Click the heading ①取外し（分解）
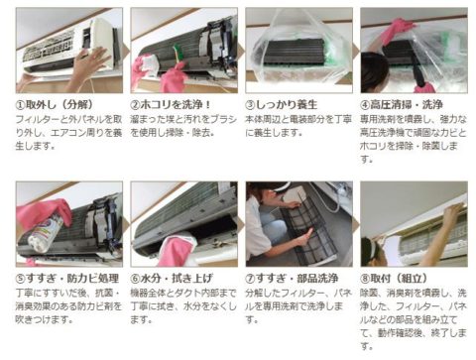(x=55, y=105)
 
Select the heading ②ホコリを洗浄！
(x=171, y=105)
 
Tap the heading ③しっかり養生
(x=282, y=105)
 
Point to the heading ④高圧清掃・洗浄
(x=402, y=105)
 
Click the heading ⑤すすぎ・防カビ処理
(x=67, y=279)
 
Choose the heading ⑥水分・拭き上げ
(x=172, y=279)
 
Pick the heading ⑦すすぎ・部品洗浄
(x=292, y=279)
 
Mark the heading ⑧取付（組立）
(x=394, y=279)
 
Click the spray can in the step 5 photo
(x=46, y=233)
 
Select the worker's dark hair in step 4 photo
(x=374, y=72)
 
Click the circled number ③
(x=250, y=105)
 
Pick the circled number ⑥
(x=135, y=279)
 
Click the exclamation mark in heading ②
(x=207, y=105)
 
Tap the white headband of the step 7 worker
(x=281, y=187)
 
